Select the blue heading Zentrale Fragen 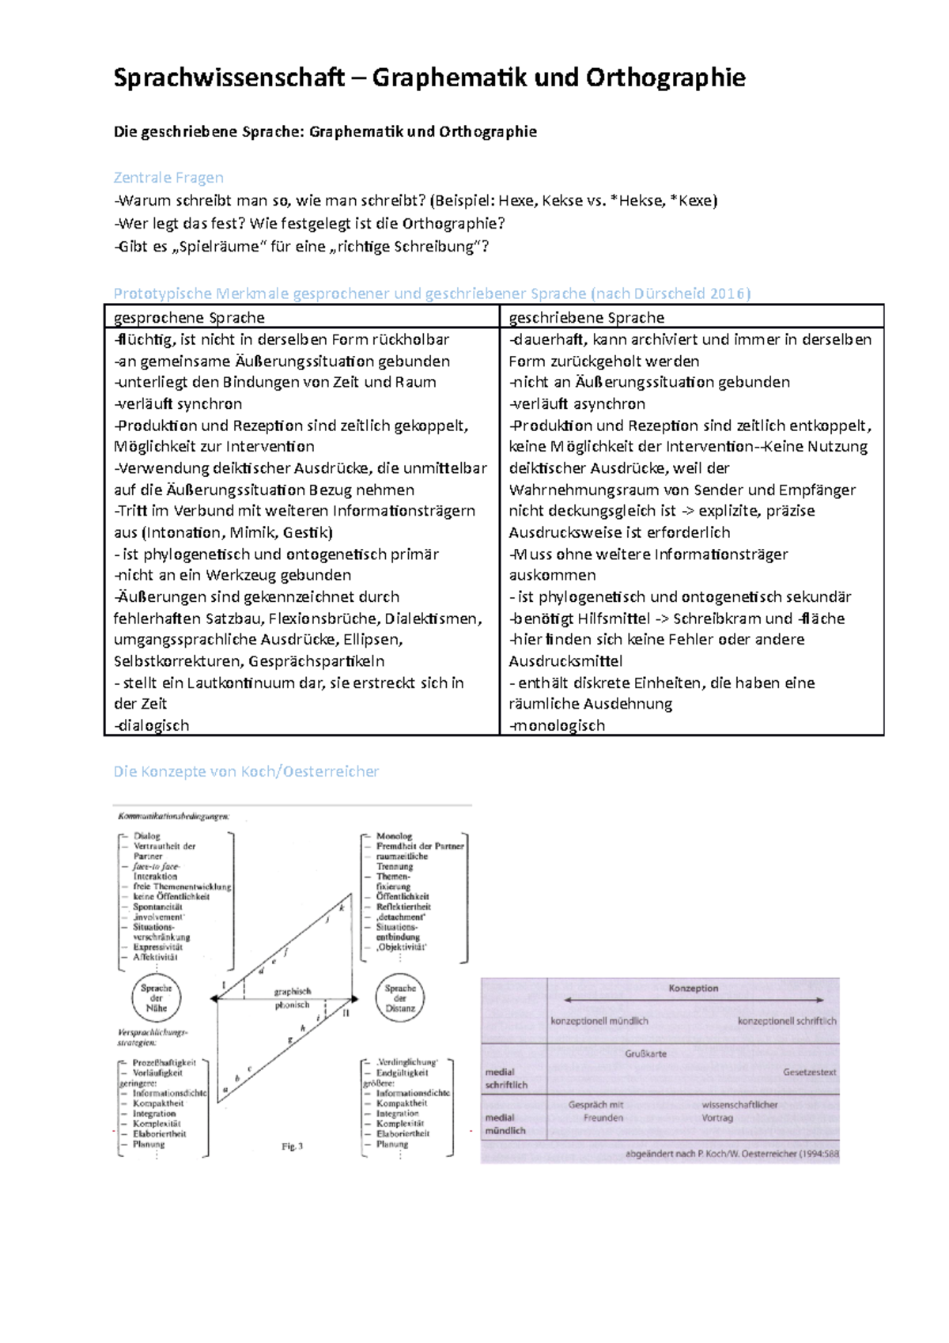168,177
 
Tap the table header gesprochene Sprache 189,317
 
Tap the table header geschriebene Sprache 586,317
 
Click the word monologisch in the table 558,725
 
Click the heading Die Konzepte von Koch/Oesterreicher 246,771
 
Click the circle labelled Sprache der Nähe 157,998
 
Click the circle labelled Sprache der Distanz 400,998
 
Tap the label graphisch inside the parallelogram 293,991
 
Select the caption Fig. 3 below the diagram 292,1146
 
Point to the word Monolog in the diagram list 394,836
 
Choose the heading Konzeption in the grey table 694,989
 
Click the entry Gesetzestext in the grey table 809,1073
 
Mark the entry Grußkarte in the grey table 645,1054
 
